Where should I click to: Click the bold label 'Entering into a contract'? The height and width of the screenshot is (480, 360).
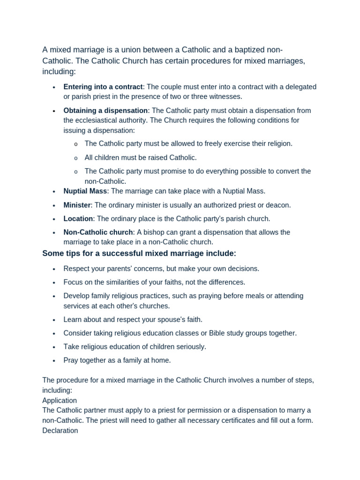tap(103, 87)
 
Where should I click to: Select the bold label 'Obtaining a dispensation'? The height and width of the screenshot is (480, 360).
tap(105, 111)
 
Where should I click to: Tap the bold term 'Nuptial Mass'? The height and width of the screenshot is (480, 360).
tap(85, 191)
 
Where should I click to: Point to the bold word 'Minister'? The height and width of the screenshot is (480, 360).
tap(77, 205)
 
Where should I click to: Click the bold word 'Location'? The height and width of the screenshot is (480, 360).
tap(78, 218)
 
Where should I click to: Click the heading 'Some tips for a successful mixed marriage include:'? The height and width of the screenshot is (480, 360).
tap(139, 254)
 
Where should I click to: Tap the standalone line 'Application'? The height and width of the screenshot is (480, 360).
tap(60, 400)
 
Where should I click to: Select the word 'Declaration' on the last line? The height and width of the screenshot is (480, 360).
tap(60, 430)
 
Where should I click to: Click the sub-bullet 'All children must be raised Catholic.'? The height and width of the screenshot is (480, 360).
tap(141, 157)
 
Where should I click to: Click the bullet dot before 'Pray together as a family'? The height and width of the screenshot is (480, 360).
tap(54, 361)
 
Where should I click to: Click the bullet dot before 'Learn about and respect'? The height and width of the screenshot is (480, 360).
tap(54, 320)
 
